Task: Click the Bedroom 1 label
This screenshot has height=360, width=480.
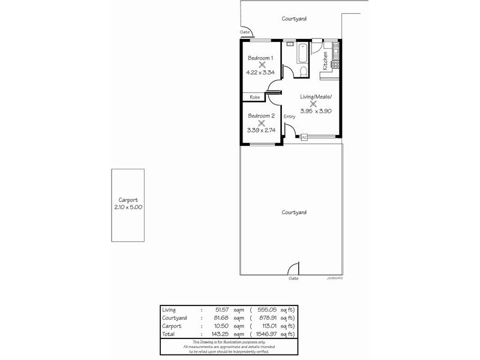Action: click(x=260, y=58)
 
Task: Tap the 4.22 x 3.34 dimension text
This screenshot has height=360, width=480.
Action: click(x=260, y=73)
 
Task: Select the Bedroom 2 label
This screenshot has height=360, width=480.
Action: click(x=261, y=116)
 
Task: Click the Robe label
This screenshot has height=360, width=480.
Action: click(x=254, y=97)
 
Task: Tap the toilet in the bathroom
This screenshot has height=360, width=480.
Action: click(x=304, y=72)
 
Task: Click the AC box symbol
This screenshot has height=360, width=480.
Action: click(x=304, y=137)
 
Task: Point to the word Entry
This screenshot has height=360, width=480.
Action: click(x=289, y=116)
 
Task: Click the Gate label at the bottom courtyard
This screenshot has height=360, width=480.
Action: click(x=293, y=278)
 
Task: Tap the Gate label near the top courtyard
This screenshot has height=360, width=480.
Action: click(x=245, y=32)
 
